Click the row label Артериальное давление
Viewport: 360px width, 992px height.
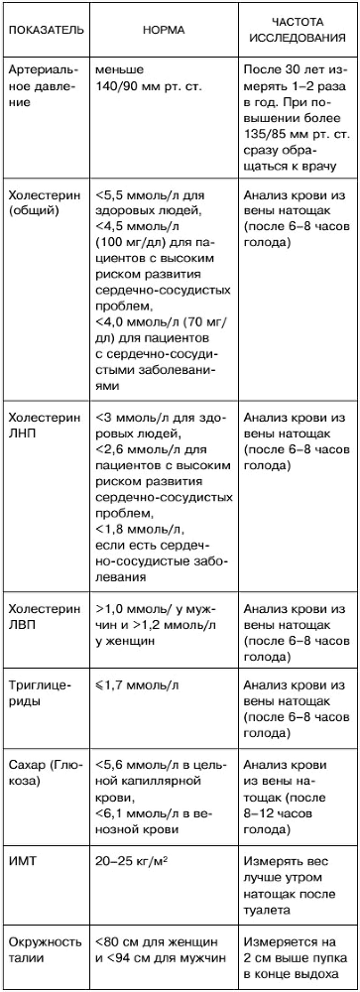40,85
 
